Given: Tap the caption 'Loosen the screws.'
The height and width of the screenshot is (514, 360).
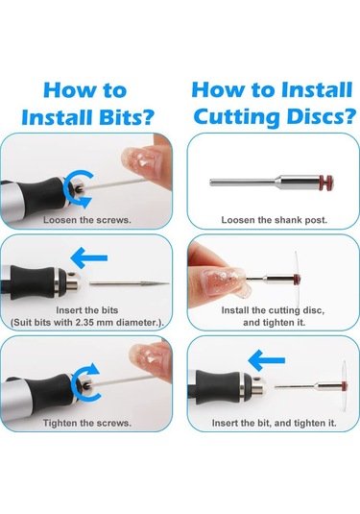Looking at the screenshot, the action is pyautogui.click(x=87, y=220).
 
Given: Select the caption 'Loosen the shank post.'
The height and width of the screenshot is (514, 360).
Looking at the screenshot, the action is pyautogui.click(x=275, y=220).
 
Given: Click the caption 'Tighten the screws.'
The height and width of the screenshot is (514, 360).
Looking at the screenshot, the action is pyautogui.click(x=87, y=423).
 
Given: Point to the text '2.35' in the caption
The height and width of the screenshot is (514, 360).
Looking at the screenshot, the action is pyautogui.click(x=85, y=323).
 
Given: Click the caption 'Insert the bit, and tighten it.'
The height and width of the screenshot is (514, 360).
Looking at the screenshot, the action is pyautogui.click(x=275, y=423).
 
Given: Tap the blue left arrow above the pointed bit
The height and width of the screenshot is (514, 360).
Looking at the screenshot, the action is pyautogui.click(x=89, y=258).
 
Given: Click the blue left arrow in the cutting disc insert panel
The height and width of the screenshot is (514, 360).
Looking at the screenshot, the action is pyautogui.click(x=266, y=360).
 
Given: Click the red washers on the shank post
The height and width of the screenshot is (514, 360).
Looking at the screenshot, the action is pyautogui.click(x=326, y=183).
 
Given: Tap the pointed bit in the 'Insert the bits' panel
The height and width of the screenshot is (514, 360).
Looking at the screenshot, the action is pyautogui.click(x=130, y=283).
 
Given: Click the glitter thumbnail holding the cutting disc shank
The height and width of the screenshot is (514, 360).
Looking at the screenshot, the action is pyautogui.click(x=222, y=281).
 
